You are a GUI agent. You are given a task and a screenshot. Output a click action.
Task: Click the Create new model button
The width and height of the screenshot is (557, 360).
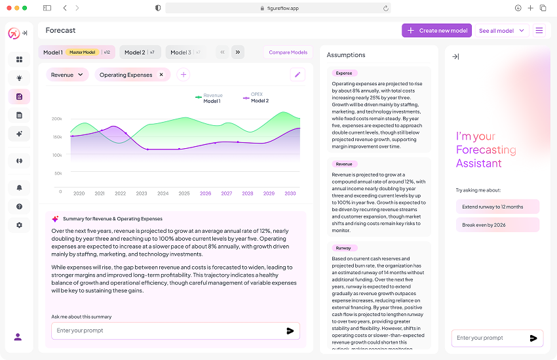pyautogui.click(x=436, y=30)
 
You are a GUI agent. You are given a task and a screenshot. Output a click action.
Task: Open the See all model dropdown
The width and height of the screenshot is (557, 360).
pyautogui.click(x=502, y=30)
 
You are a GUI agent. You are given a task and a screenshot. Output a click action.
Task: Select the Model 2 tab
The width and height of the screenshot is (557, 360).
pyautogui.click(x=139, y=52)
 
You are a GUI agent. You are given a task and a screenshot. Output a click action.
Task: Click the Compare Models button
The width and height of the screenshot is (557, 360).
pyautogui.click(x=288, y=52)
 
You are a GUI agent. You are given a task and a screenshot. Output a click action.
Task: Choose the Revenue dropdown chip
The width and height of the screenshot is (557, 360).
pyautogui.click(x=67, y=75)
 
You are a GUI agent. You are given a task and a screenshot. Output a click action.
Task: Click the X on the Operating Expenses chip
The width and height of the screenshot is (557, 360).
pyautogui.click(x=161, y=75)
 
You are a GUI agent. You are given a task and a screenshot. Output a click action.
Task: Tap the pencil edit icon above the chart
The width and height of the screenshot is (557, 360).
pyautogui.click(x=298, y=75)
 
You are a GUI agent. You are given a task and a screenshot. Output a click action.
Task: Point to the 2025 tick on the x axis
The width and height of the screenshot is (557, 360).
pyautogui.click(x=184, y=193)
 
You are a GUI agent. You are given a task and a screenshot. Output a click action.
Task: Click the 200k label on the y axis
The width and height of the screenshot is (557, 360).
pyautogui.click(x=57, y=119)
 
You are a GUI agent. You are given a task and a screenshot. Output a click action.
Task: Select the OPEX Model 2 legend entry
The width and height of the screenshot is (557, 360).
pyautogui.click(x=256, y=98)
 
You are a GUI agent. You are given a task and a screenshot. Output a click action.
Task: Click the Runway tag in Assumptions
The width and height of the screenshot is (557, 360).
pyautogui.click(x=343, y=249)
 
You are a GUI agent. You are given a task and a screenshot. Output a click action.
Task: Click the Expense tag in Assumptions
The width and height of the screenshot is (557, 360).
pyautogui.click(x=344, y=73)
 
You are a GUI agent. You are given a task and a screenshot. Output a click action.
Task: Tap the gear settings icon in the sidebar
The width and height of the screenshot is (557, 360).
pyautogui.click(x=19, y=225)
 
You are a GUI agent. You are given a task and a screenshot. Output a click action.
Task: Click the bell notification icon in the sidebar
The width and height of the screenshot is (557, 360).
pyautogui.click(x=19, y=188)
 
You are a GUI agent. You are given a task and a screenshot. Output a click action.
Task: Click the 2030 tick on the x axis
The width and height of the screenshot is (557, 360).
pyautogui.click(x=290, y=193)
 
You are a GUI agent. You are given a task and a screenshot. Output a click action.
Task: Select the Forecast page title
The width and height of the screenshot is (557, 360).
pyautogui.click(x=60, y=30)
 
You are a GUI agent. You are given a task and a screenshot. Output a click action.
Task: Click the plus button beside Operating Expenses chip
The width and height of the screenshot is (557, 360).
pyautogui.click(x=183, y=75)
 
